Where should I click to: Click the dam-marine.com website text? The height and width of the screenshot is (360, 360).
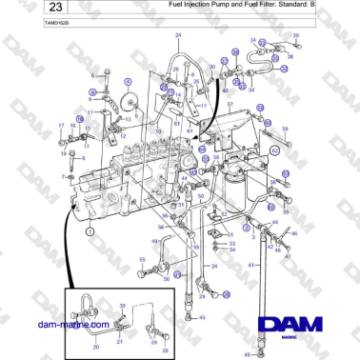click(52, 324)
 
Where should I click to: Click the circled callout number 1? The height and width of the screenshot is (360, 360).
click(90, 230)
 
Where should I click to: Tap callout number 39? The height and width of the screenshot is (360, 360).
click(296, 35)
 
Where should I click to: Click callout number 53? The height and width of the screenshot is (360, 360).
click(231, 244)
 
